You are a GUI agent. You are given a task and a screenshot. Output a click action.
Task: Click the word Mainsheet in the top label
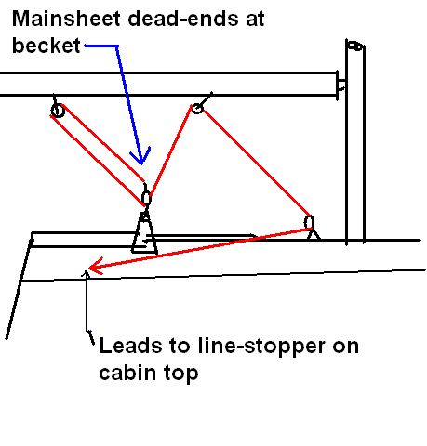(66, 19)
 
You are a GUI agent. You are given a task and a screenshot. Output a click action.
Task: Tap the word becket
(47, 46)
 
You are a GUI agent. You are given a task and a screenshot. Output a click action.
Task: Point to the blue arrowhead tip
(141, 164)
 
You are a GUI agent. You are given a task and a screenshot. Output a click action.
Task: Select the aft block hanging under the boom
(58, 111)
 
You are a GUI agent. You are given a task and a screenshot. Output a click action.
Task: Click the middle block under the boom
(197, 109)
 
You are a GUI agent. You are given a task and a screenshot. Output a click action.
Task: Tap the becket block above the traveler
(146, 198)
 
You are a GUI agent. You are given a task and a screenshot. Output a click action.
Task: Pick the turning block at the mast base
(309, 223)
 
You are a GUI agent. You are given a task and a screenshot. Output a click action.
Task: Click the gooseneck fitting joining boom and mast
(341, 85)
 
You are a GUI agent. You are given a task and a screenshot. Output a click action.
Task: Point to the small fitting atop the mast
(355, 46)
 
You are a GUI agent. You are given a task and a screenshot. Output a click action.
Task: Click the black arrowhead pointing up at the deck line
(86, 272)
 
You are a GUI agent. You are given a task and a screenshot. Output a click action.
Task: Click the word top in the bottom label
(181, 374)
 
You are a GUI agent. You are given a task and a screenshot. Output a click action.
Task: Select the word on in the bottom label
(346, 348)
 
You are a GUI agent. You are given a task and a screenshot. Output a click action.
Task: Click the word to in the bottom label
(180, 347)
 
